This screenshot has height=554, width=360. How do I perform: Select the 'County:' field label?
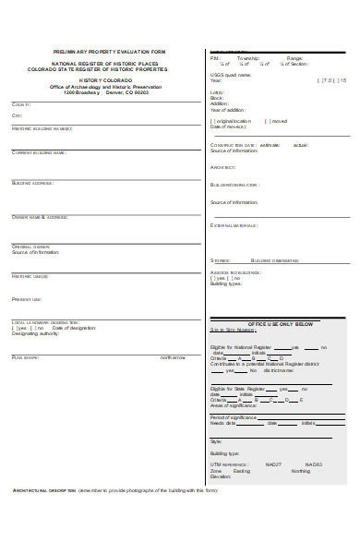21,104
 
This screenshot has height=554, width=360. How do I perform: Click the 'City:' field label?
17,114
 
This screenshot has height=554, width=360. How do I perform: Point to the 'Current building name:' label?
39,152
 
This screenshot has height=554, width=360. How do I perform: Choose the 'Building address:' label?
33,183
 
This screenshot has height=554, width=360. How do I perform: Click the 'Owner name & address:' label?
40,217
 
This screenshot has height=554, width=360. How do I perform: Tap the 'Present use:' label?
27,299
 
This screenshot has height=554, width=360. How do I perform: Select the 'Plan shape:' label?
26,356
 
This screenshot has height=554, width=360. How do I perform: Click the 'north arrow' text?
173,356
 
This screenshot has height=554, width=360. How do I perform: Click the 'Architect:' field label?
223,167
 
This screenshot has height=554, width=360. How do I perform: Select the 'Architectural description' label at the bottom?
44,490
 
